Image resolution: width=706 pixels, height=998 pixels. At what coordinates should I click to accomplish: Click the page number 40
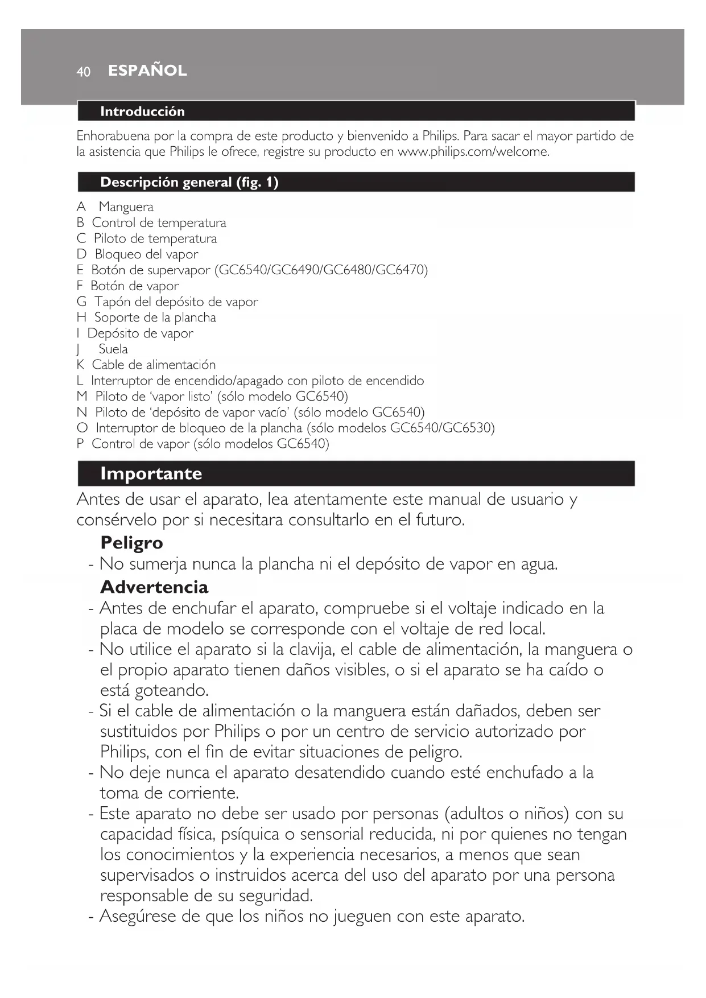(x=83, y=72)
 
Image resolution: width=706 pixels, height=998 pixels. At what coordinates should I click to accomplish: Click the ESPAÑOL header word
(x=147, y=71)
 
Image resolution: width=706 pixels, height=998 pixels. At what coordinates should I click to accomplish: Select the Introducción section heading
(x=142, y=112)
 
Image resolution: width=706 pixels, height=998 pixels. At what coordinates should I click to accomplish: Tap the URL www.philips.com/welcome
(x=473, y=152)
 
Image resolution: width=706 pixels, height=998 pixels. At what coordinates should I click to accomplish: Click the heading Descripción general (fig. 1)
(x=189, y=183)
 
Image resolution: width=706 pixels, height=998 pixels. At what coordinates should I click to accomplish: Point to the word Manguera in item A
(x=126, y=207)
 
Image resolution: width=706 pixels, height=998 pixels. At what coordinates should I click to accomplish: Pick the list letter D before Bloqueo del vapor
(x=81, y=254)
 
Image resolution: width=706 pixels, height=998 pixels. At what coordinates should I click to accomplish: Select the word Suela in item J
(x=113, y=349)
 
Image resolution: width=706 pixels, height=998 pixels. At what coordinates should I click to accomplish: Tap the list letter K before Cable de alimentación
(x=81, y=365)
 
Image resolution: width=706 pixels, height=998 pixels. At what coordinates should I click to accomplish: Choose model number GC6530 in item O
(x=468, y=428)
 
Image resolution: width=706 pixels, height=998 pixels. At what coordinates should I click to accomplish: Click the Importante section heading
(x=151, y=473)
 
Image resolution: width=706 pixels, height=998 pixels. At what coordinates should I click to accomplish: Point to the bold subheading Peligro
(x=131, y=543)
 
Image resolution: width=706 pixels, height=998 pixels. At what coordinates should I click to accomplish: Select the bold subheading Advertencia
(x=154, y=587)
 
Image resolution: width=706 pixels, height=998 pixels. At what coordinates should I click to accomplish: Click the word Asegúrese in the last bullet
(x=137, y=916)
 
